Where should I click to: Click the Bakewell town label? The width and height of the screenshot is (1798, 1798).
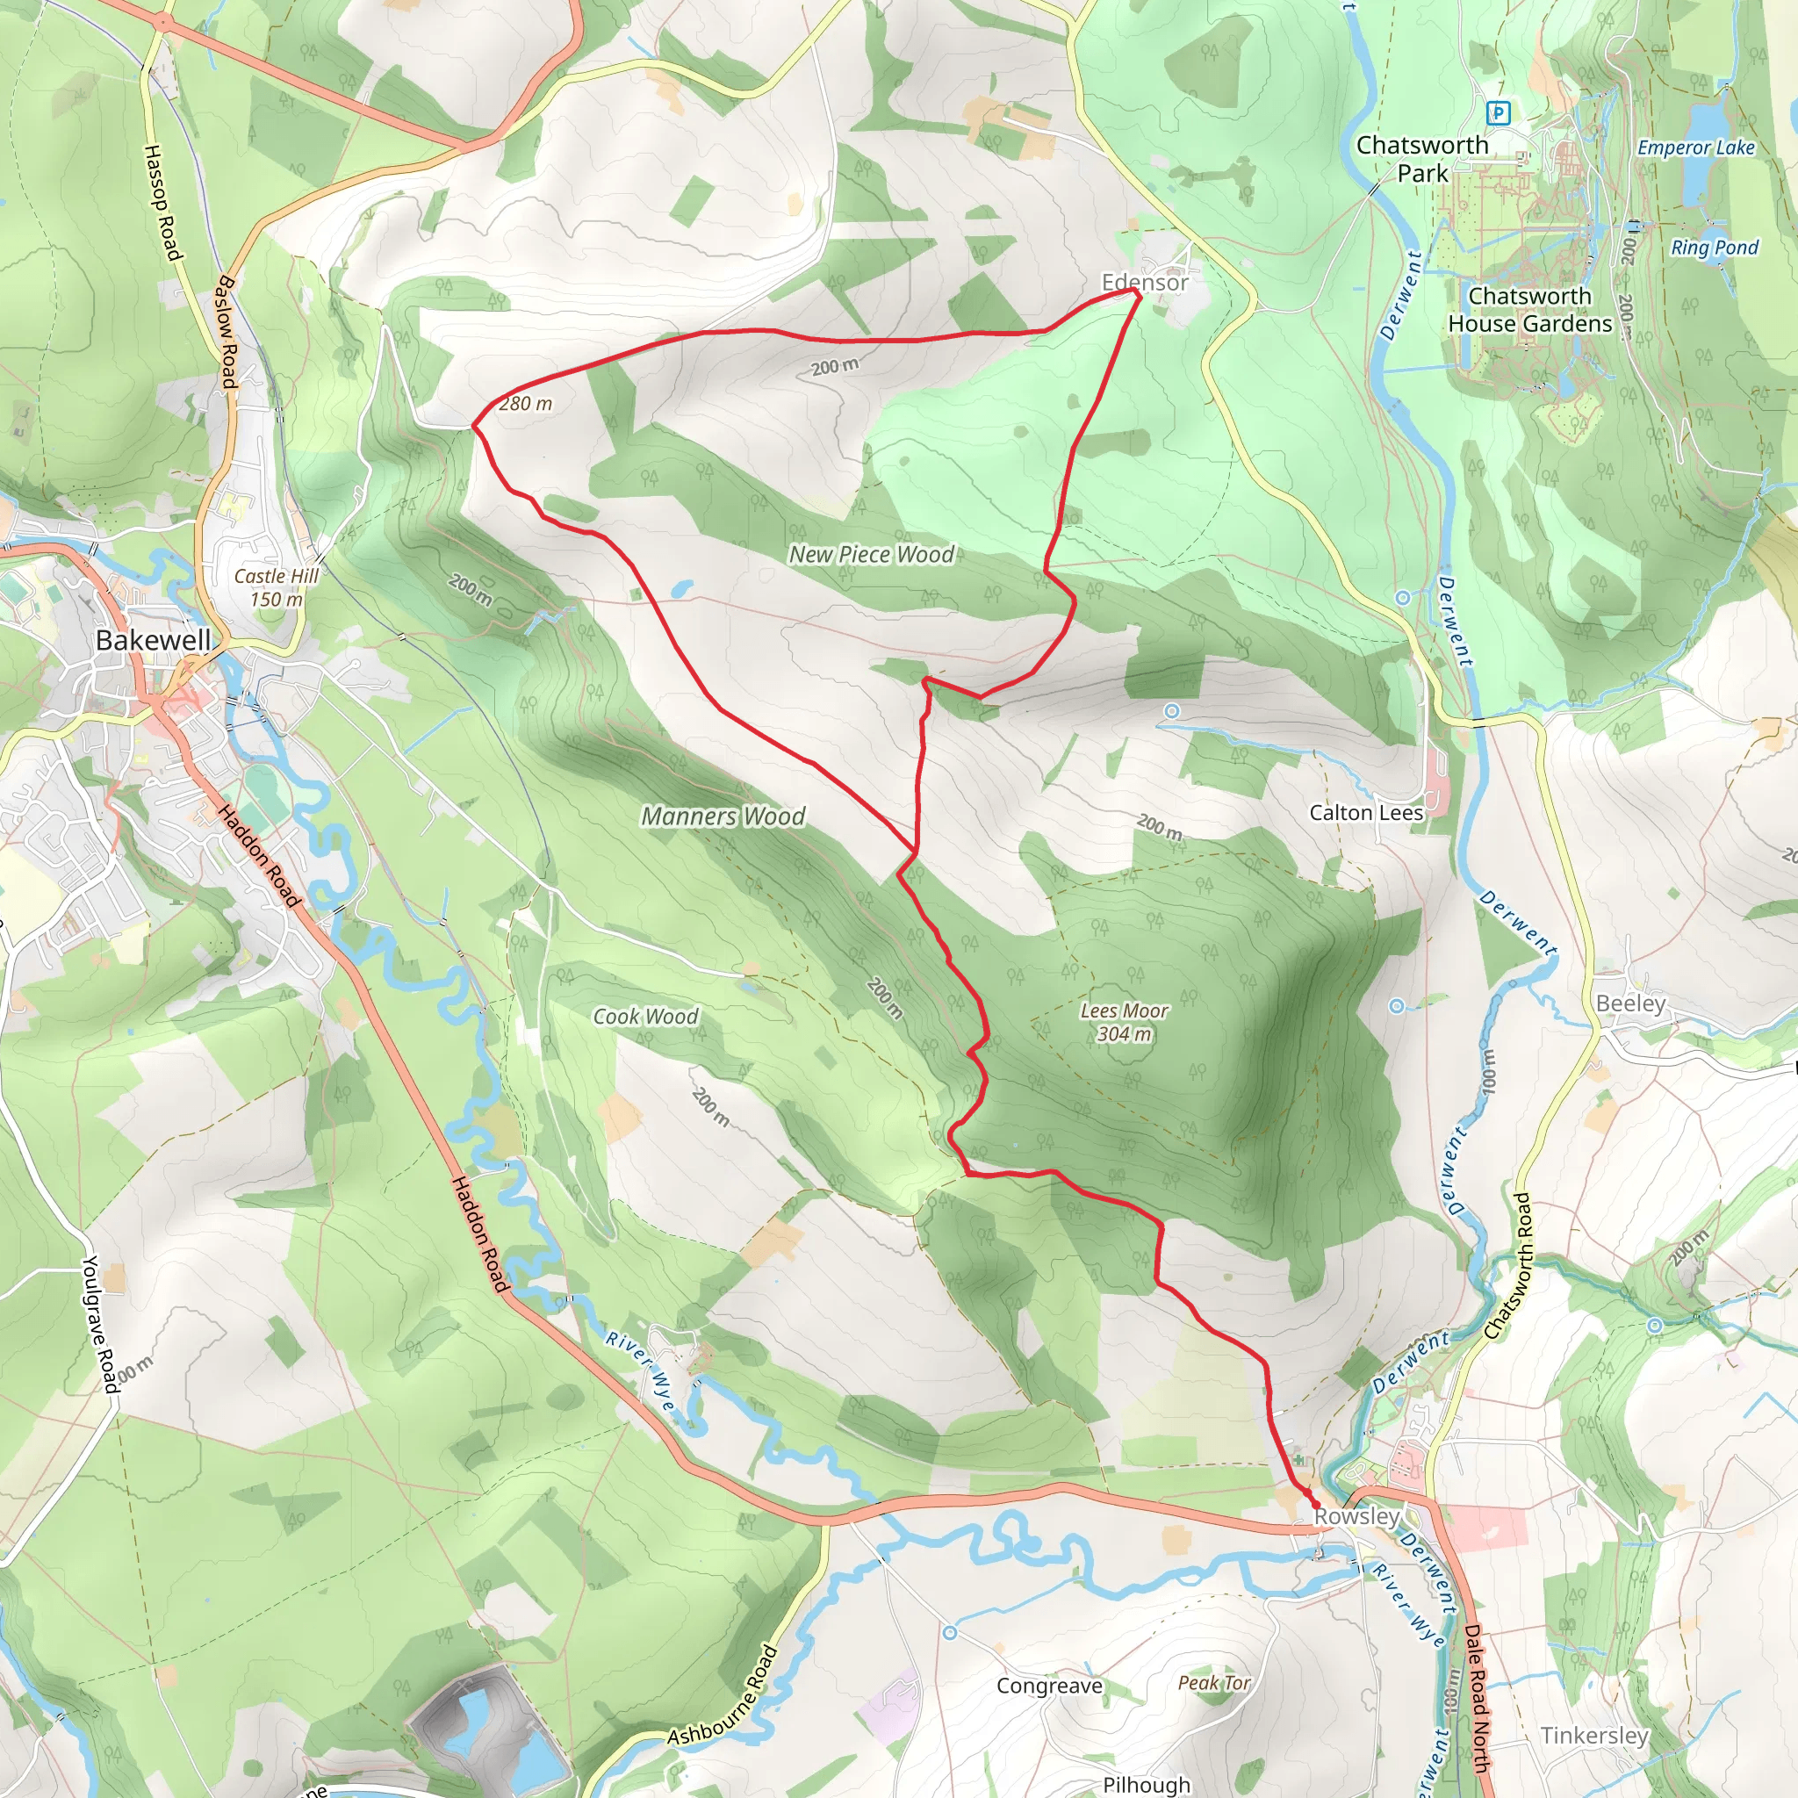click(154, 640)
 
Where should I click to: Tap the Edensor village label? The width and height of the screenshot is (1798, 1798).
click(1145, 282)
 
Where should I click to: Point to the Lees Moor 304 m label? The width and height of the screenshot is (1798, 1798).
click(1125, 1022)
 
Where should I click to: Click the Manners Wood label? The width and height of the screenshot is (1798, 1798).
click(723, 816)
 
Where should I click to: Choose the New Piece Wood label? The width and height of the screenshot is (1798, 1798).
click(871, 555)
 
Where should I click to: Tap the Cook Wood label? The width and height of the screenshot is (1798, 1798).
click(646, 1017)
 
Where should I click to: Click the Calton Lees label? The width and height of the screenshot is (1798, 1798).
click(1365, 812)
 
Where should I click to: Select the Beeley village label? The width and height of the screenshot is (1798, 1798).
click(1630, 1003)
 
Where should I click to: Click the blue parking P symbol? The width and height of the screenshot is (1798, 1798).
click(1499, 113)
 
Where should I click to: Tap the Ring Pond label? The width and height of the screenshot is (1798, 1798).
click(1715, 248)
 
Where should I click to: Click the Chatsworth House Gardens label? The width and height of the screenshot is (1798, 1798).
click(1530, 310)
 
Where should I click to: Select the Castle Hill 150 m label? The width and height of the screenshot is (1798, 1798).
click(277, 587)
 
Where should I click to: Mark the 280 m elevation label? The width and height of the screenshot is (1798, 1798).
click(526, 404)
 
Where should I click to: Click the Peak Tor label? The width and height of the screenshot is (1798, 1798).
click(1213, 1683)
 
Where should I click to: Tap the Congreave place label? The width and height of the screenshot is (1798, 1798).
click(1049, 1687)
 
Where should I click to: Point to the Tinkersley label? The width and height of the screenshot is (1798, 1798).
click(1594, 1736)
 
